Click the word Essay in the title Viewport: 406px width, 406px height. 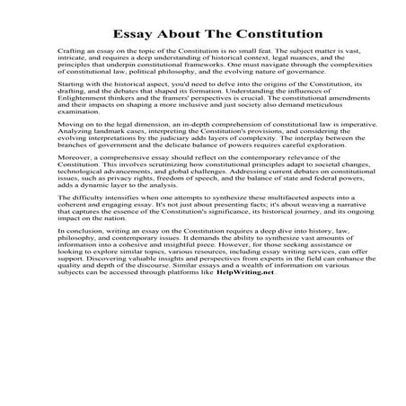pos(132,34)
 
